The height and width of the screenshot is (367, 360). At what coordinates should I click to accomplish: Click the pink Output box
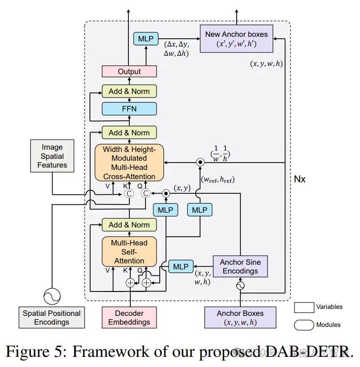129,71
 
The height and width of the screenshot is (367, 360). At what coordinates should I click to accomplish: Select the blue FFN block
129,109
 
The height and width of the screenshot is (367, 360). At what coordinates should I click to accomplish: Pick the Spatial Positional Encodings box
52,317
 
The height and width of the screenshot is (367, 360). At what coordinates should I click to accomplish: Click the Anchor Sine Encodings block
240,266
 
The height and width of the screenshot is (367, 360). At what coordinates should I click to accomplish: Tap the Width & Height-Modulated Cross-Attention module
129,163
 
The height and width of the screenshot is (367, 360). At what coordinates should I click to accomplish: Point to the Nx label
300,179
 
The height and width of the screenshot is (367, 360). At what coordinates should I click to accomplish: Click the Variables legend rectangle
303,307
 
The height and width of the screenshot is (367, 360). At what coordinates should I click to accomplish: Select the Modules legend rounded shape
303,325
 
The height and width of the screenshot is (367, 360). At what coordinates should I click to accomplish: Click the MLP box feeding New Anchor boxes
145,39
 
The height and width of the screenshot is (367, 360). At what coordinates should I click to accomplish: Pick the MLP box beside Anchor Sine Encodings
181,266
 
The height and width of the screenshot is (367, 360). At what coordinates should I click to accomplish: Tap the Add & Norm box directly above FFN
129,91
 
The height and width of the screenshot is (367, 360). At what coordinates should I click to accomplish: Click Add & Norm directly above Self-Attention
129,225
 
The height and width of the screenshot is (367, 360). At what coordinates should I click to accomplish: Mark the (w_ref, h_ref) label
218,180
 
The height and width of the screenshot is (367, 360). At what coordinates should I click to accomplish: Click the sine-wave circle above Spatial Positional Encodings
52,296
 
